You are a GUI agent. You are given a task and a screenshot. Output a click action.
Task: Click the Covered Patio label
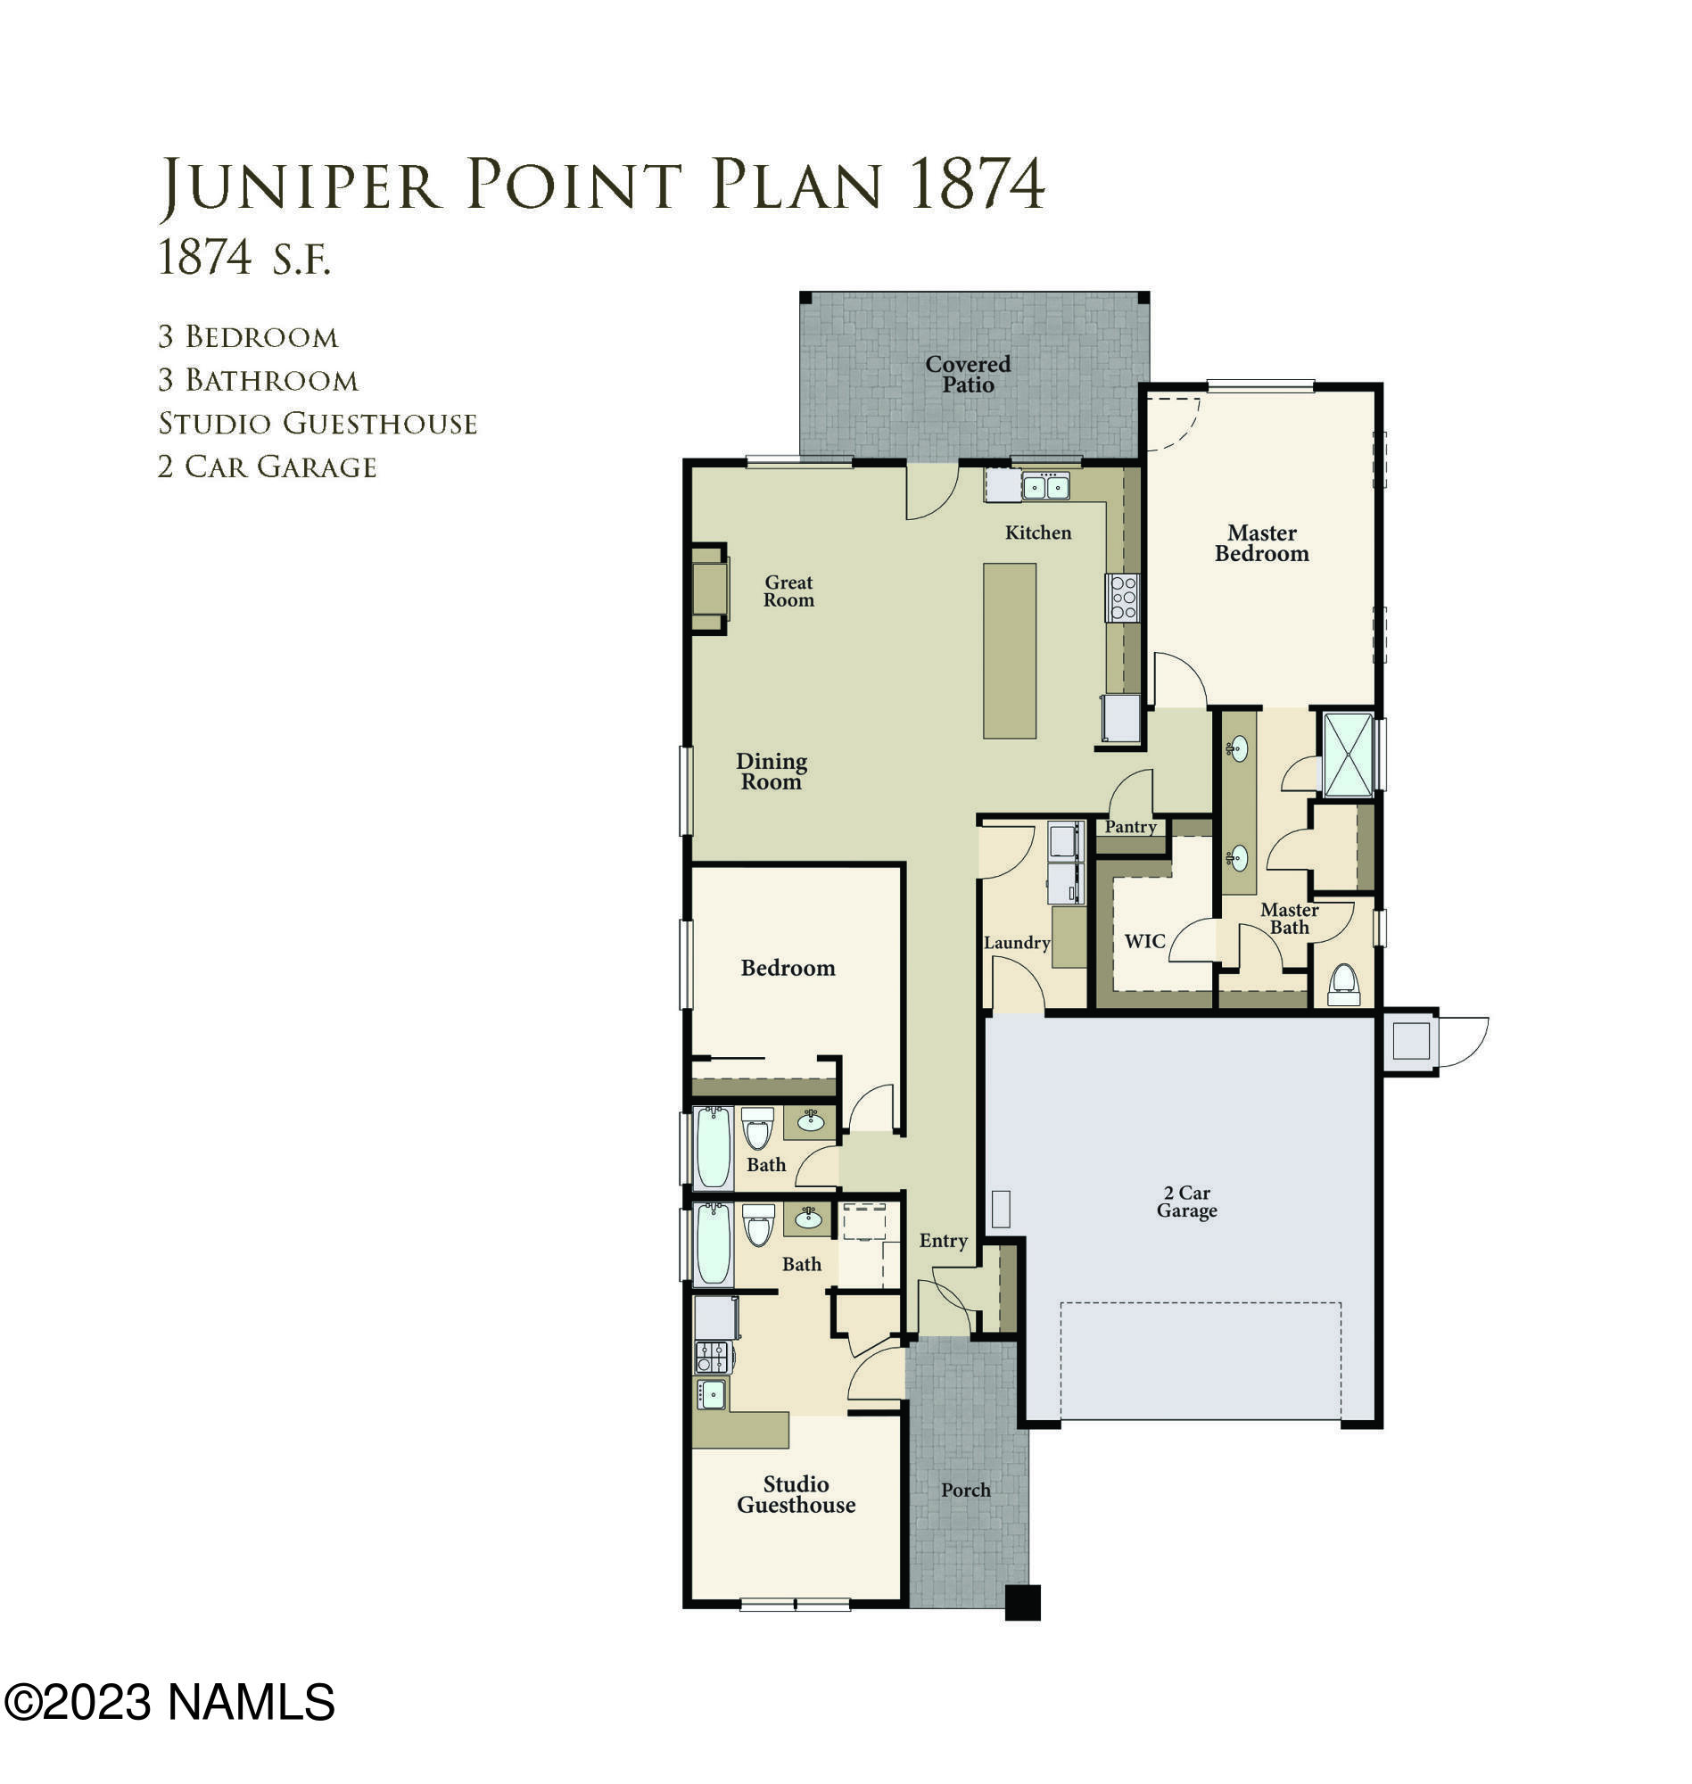968,375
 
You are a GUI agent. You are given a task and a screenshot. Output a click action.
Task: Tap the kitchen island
1010,650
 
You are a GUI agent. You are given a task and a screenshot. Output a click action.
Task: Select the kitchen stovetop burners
1123,598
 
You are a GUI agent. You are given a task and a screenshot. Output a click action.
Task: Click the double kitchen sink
1045,487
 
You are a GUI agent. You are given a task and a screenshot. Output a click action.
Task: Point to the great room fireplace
709,589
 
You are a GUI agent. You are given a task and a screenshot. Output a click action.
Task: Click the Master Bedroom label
1261,543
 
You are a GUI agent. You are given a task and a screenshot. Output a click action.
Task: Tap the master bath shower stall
1347,755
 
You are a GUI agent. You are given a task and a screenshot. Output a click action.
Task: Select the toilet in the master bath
1344,984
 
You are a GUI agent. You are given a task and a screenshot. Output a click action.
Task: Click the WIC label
1144,941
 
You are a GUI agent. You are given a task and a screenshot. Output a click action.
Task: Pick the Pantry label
1130,826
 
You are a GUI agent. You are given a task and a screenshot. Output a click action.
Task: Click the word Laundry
1017,943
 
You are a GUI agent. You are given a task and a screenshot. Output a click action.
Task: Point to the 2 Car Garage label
1187,1202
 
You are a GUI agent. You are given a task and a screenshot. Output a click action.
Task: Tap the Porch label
965,1490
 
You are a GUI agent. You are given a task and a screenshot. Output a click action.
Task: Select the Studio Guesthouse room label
796,1493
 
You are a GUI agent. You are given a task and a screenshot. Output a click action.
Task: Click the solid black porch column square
1022,1603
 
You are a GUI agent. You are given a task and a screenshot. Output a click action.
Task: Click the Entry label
943,1240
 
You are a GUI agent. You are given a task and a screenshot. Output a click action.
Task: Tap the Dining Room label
772,772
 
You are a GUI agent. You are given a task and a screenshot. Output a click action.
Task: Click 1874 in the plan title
977,185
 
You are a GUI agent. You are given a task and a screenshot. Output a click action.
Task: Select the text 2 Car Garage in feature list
267,467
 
